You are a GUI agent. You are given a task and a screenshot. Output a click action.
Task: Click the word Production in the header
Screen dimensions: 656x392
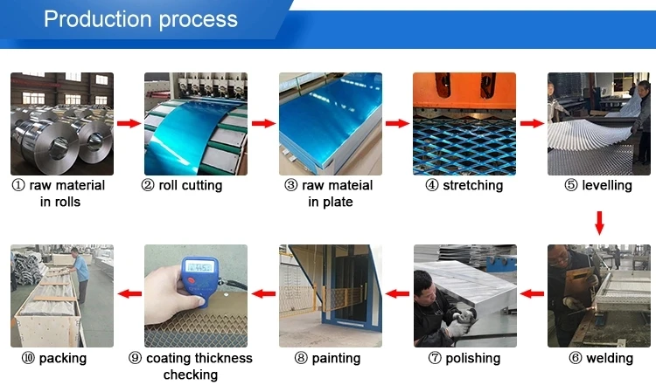click(98, 19)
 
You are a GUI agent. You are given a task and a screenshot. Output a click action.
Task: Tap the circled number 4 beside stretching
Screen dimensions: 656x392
click(432, 185)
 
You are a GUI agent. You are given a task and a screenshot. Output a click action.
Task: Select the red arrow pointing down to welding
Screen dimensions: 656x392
click(599, 223)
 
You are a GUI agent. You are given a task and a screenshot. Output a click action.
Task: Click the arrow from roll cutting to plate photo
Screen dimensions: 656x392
click(263, 123)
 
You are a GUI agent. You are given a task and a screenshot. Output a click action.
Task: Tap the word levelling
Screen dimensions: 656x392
click(607, 185)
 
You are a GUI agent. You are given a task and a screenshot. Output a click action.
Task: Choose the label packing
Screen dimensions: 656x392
click(63, 358)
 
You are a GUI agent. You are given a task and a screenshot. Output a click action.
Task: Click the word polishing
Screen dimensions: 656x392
click(472, 358)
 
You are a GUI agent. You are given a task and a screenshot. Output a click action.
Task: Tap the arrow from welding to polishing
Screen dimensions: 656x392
click(532, 293)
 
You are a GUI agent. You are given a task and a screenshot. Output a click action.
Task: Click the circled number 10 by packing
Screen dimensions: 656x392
click(28, 358)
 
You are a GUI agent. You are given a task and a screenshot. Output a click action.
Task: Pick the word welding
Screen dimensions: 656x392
click(610, 358)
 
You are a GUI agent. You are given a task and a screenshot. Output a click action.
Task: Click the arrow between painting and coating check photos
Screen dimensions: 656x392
click(263, 293)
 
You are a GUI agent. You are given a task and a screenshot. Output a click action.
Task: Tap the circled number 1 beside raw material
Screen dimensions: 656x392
click(18, 185)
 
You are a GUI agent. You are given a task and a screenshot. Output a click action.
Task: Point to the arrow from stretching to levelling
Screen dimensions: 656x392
click(532, 123)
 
